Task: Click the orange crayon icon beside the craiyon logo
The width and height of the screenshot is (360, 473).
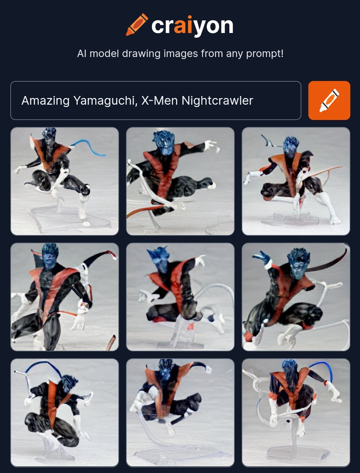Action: click(137, 25)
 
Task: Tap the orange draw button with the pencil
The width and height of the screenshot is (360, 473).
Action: click(329, 100)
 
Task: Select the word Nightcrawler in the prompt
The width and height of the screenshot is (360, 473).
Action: click(217, 101)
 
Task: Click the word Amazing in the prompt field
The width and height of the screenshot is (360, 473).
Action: click(45, 101)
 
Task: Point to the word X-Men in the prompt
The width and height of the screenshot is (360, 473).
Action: click(160, 100)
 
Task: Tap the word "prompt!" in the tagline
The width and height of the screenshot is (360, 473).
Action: click(265, 54)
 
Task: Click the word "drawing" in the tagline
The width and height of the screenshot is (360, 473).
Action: click(141, 54)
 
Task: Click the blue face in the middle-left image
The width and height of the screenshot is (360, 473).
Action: click(49, 259)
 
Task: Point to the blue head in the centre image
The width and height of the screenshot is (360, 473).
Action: click(159, 259)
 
